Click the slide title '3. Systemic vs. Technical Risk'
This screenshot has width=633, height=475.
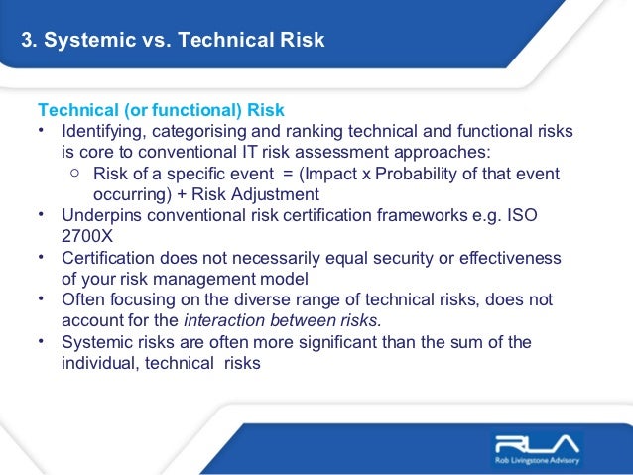pos(173,41)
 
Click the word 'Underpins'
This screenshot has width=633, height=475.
pos(101,216)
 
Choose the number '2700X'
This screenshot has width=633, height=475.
pos(87,237)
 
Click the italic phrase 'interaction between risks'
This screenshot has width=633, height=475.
pos(281,320)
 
